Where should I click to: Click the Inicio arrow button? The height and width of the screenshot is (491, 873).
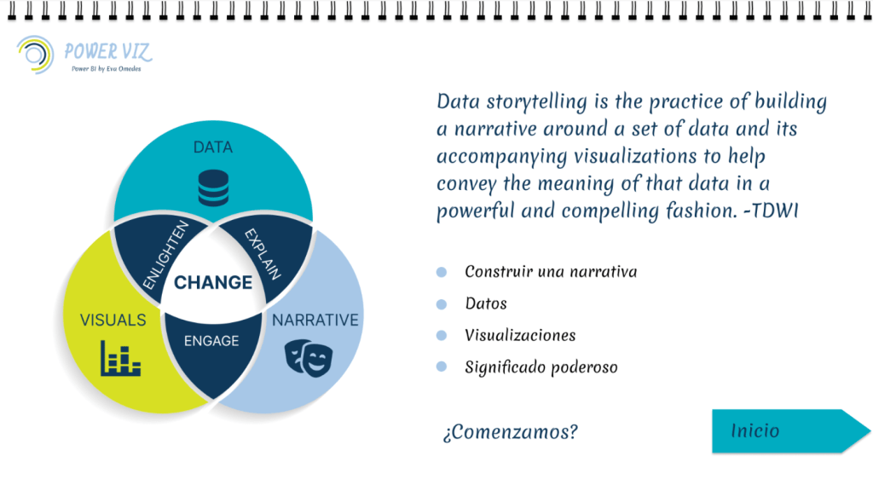coord(790,430)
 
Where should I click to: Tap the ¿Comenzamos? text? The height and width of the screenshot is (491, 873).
coord(511,432)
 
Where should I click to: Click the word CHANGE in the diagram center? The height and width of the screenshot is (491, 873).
coord(213,282)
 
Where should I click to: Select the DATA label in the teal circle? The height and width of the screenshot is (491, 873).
coord(212,147)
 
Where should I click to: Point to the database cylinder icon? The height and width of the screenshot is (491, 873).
coord(213,188)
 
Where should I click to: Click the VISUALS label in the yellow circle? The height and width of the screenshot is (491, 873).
coord(113,321)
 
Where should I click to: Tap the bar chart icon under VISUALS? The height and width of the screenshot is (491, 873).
coord(120,358)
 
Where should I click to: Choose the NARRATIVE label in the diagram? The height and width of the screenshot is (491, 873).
coord(315,321)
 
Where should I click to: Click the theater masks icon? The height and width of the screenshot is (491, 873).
coord(309,358)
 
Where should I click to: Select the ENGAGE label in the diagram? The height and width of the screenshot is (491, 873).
coord(211,341)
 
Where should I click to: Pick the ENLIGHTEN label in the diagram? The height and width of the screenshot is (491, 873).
coord(166,256)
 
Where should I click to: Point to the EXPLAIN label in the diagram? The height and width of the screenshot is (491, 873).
coord(263,254)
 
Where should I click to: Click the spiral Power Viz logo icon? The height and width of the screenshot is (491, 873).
coord(35,55)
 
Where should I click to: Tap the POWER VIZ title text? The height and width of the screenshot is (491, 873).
coord(107,52)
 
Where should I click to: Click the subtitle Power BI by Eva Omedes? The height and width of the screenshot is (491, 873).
coord(107,69)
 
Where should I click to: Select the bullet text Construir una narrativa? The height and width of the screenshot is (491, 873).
coord(552,272)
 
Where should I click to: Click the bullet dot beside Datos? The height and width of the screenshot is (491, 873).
coord(442,304)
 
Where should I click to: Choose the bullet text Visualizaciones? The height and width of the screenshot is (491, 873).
coord(521,335)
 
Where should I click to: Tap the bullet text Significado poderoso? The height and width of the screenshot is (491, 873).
coord(541,367)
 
